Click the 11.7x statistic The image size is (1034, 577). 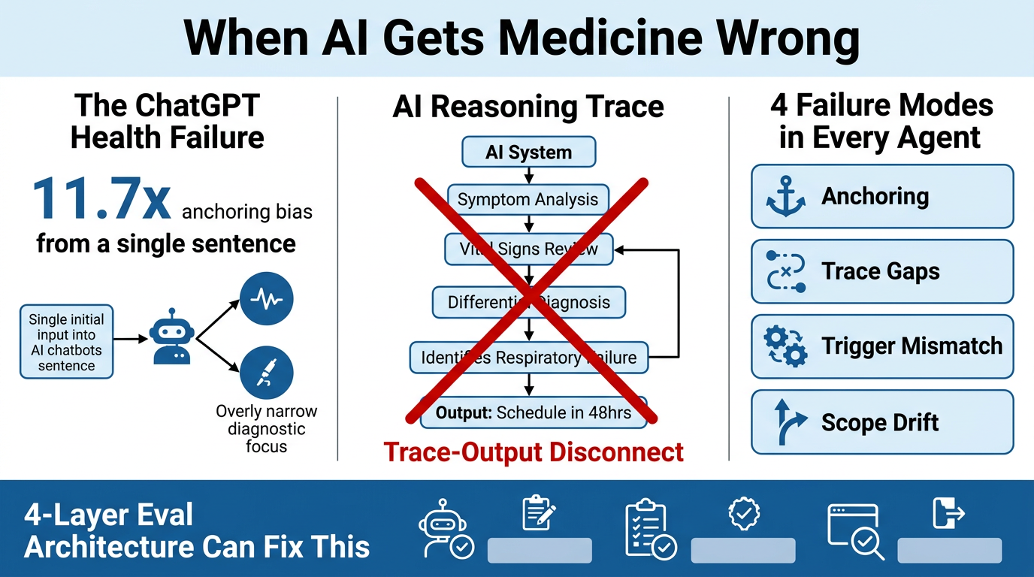coord(101,199)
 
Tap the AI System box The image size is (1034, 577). coord(528,153)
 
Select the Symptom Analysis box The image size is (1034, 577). coord(528,200)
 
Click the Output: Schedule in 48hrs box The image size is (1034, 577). coord(533,412)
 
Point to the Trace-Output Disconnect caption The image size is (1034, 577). coord(534,452)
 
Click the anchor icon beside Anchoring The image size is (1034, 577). coord(785,198)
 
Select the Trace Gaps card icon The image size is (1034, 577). coord(785,272)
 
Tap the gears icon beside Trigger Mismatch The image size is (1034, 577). coord(785,346)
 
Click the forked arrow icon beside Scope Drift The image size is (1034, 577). coord(785,422)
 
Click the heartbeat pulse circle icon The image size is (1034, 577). coord(266,298)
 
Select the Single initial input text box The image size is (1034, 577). coord(67,342)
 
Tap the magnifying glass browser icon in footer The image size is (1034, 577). coord(855,532)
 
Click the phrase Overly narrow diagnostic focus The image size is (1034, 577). coord(266,429)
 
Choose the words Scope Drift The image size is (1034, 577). coord(880,422)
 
